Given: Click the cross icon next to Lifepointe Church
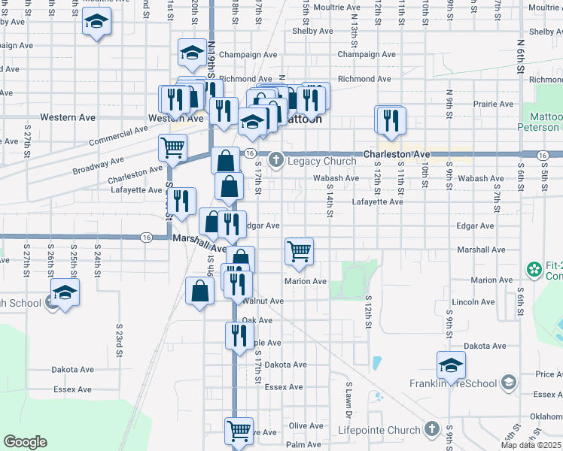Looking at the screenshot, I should point(431,429).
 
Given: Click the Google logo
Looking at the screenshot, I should point(25,442).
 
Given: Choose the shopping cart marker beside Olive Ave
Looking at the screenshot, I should point(239,431).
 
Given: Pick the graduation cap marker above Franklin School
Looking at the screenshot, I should point(451,365).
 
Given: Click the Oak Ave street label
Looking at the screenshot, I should point(257,320).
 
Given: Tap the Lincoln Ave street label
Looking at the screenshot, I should point(474,301).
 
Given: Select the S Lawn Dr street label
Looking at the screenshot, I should point(349,399).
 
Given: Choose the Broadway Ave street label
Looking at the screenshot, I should point(99,165).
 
